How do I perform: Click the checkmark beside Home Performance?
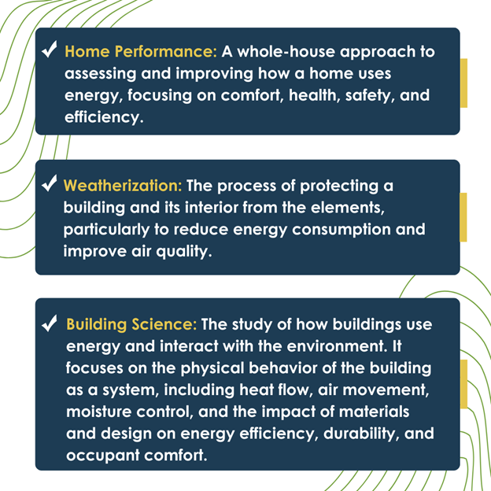click(x=49, y=49)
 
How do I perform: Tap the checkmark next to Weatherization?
click(x=49, y=183)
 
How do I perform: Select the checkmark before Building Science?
click(x=49, y=323)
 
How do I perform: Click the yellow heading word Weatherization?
click(x=123, y=186)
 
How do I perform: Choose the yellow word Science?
click(x=164, y=324)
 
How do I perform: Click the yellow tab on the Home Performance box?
click(x=463, y=83)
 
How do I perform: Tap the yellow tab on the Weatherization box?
click(x=463, y=217)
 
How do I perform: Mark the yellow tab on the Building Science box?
click(x=463, y=384)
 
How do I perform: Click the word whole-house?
click(x=286, y=51)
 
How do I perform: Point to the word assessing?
click(x=100, y=74)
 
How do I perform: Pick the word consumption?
click(x=341, y=230)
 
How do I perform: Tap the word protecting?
click(x=339, y=186)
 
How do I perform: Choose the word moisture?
click(x=98, y=412)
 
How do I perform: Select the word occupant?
click(x=103, y=456)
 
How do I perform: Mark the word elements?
click(x=347, y=209)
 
